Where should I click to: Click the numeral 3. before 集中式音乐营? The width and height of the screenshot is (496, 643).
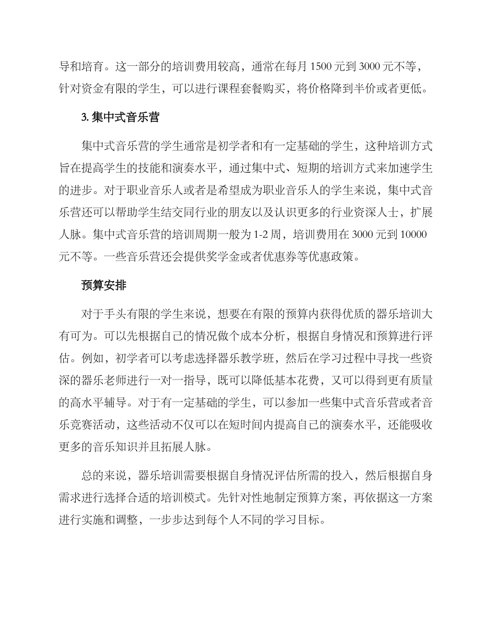(x=84, y=118)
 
